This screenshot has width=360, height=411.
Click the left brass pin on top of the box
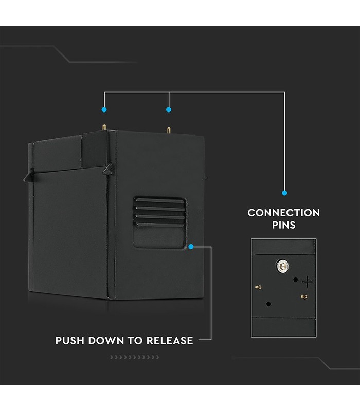(104, 127)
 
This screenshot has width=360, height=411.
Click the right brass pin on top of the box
(169, 130)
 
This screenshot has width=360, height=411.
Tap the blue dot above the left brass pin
(104, 109)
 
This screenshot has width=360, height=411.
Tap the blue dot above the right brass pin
(169, 109)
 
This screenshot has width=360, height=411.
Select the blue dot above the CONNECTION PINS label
(284, 193)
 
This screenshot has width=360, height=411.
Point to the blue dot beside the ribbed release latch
(191, 247)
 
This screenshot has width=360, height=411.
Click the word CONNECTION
(284, 213)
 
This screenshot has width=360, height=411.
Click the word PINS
(284, 225)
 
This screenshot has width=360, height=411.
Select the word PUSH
(69, 341)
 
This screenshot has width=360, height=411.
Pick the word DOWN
(106, 341)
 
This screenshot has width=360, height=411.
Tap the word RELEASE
(170, 341)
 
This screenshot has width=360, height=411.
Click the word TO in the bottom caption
(135, 341)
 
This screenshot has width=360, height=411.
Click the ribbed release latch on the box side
(159, 222)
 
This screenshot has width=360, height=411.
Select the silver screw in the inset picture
(282, 266)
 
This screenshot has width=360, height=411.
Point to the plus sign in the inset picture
(307, 282)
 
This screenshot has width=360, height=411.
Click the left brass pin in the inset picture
(258, 287)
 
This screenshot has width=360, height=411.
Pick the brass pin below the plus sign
(304, 297)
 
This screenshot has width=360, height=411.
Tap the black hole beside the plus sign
(295, 279)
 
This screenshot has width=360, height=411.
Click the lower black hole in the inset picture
(268, 304)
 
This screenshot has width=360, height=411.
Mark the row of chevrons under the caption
(135, 357)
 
